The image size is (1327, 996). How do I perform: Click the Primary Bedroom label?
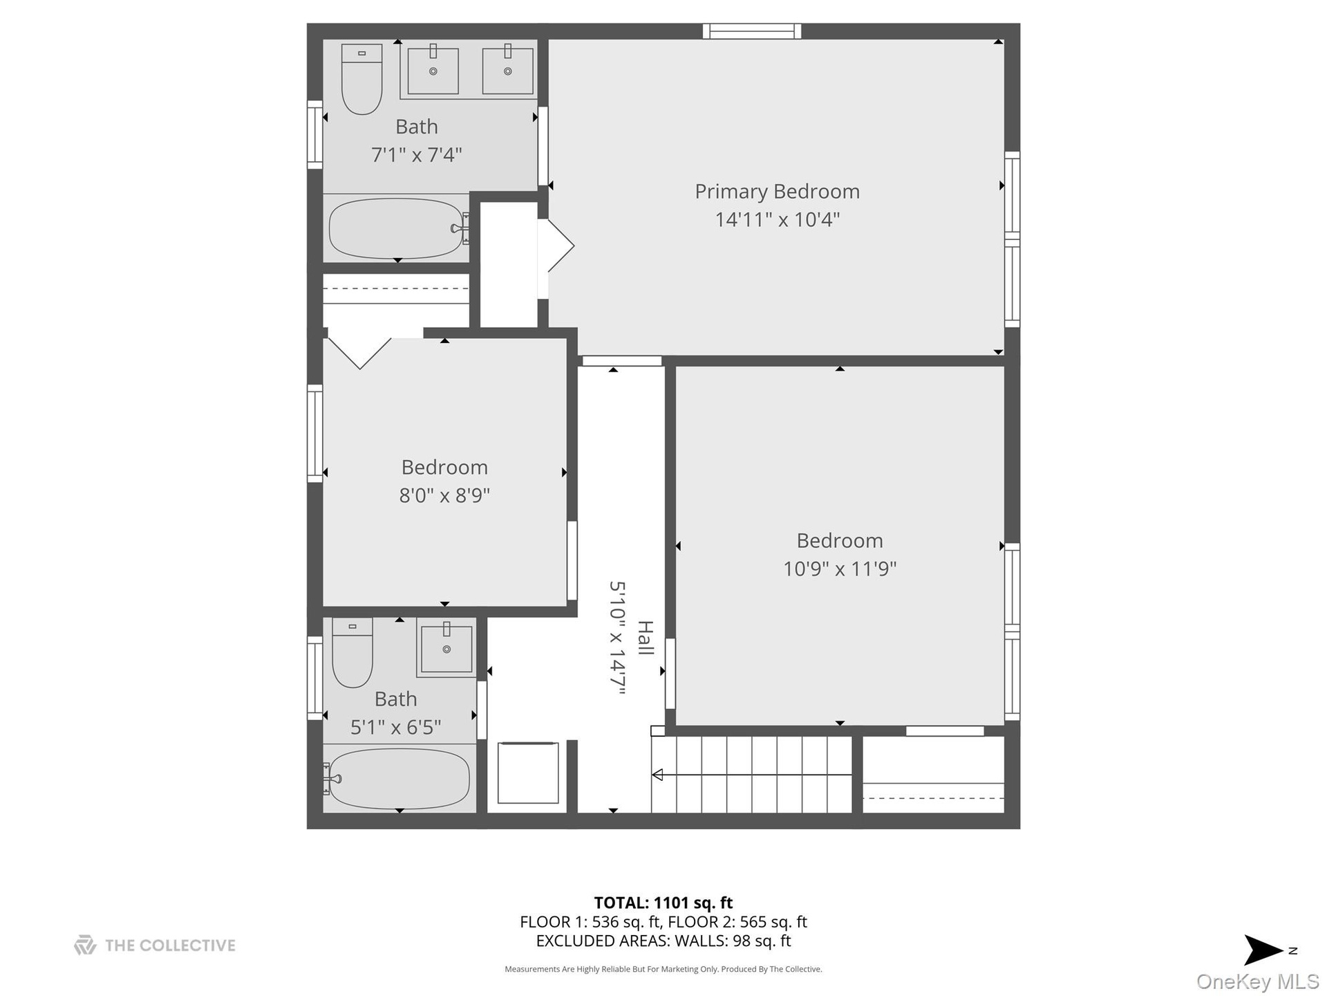pos(777,192)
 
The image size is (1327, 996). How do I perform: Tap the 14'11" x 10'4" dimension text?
pos(777,219)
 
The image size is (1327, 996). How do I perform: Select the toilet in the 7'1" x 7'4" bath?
pos(361,79)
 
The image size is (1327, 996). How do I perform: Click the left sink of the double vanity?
pos(433,69)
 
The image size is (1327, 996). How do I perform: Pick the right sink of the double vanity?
pos(508,69)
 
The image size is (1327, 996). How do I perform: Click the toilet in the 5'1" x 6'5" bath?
pos(352,652)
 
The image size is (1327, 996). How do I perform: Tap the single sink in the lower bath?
pos(446,648)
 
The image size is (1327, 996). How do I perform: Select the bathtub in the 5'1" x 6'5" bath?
pos(398,779)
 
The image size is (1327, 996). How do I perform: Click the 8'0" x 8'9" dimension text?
pos(444,495)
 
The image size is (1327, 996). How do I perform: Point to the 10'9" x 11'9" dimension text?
pos(840,569)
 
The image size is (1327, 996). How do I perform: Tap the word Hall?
pos(645,638)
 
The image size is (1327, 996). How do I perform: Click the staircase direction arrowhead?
pos(657,775)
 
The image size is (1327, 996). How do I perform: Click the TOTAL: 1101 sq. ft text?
pos(663,903)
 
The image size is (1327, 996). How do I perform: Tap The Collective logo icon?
pos(85,945)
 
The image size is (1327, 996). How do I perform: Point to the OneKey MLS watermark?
pos(1258,981)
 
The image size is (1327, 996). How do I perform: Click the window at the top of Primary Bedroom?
pos(752,31)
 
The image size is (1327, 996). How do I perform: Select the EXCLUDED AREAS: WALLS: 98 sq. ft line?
pos(663,941)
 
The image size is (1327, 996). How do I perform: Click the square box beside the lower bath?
pos(528,773)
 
